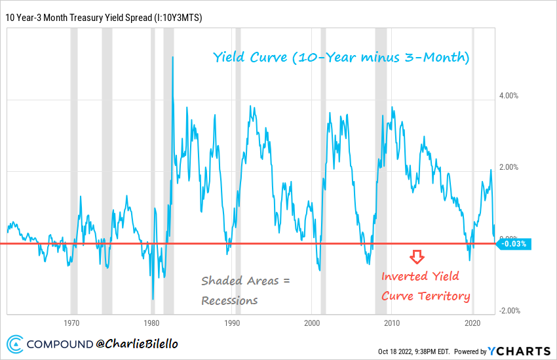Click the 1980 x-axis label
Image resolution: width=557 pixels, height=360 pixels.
click(x=151, y=323)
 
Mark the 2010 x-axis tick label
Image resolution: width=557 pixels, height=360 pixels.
click(x=392, y=323)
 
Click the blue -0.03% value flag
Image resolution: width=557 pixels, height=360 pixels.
click(x=514, y=244)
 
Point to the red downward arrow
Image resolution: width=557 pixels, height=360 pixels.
click(x=417, y=256)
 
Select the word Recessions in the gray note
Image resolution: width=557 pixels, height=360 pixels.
click(x=229, y=300)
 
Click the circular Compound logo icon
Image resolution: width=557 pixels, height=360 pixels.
click(x=16, y=344)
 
